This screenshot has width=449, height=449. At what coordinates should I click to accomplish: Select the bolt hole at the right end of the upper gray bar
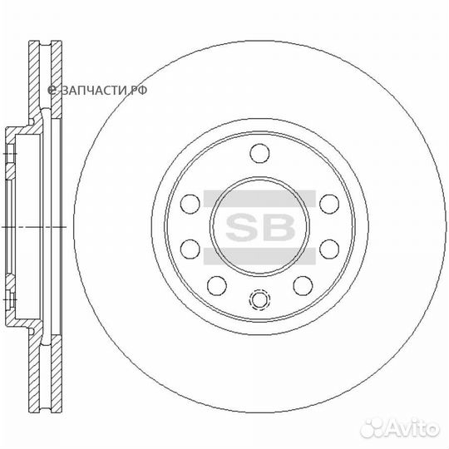point(329,202)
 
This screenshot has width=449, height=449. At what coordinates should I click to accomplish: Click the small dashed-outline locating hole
point(260,299)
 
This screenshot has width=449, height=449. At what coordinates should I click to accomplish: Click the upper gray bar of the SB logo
point(259,196)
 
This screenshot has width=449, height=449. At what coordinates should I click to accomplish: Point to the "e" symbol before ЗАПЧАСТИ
point(52,89)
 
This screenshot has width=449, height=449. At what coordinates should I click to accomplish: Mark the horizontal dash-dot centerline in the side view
point(25,226)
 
